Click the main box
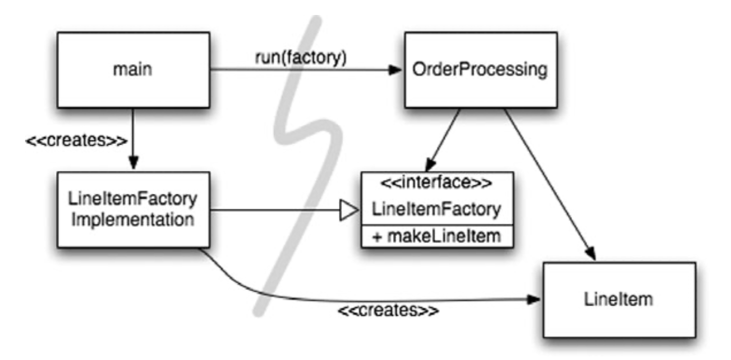pyautogui.click(x=132, y=70)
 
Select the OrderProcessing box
pyautogui.click(x=480, y=70)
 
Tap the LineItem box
pyautogui.click(x=618, y=299)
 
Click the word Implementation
pyautogui.click(x=132, y=220)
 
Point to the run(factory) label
pyautogui.click(x=300, y=58)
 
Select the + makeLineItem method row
pyautogui.click(x=437, y=236)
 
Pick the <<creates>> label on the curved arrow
pyautogui.click(x=388, y=311)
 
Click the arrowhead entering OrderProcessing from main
pyautogui.click(x=396, y=70)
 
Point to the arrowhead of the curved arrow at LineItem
pyautogui.click(x=535, y=299)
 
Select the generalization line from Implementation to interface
pyautogui.click(x=275, y=210)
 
